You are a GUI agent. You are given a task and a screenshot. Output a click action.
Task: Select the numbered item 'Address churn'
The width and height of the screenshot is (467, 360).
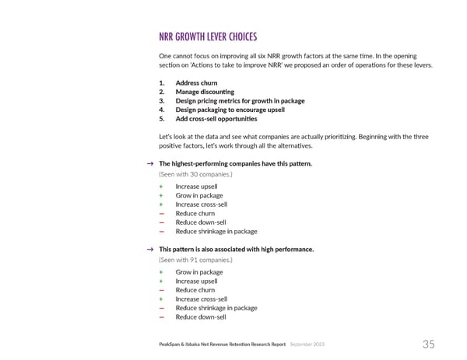196,82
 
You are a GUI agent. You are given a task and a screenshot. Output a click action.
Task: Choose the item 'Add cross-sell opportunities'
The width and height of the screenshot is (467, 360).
216,119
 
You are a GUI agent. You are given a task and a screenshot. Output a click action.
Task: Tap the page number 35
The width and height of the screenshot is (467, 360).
429,344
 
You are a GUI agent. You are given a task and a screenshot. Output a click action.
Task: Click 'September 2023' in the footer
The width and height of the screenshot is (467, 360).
311,344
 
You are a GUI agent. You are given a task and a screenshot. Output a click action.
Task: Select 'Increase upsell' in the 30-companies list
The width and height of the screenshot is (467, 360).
196,187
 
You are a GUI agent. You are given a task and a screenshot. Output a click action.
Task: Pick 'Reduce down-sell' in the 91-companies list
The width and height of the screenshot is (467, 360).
200,317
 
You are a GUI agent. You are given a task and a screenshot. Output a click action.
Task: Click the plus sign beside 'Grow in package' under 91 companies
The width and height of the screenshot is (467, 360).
161,272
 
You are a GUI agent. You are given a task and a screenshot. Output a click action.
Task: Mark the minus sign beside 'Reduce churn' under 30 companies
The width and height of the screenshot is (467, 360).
161,213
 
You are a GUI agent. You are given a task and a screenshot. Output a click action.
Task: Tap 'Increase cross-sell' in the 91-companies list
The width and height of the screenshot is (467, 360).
201,299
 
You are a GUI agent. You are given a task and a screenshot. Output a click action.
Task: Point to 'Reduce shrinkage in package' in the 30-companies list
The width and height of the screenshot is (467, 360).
216,231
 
